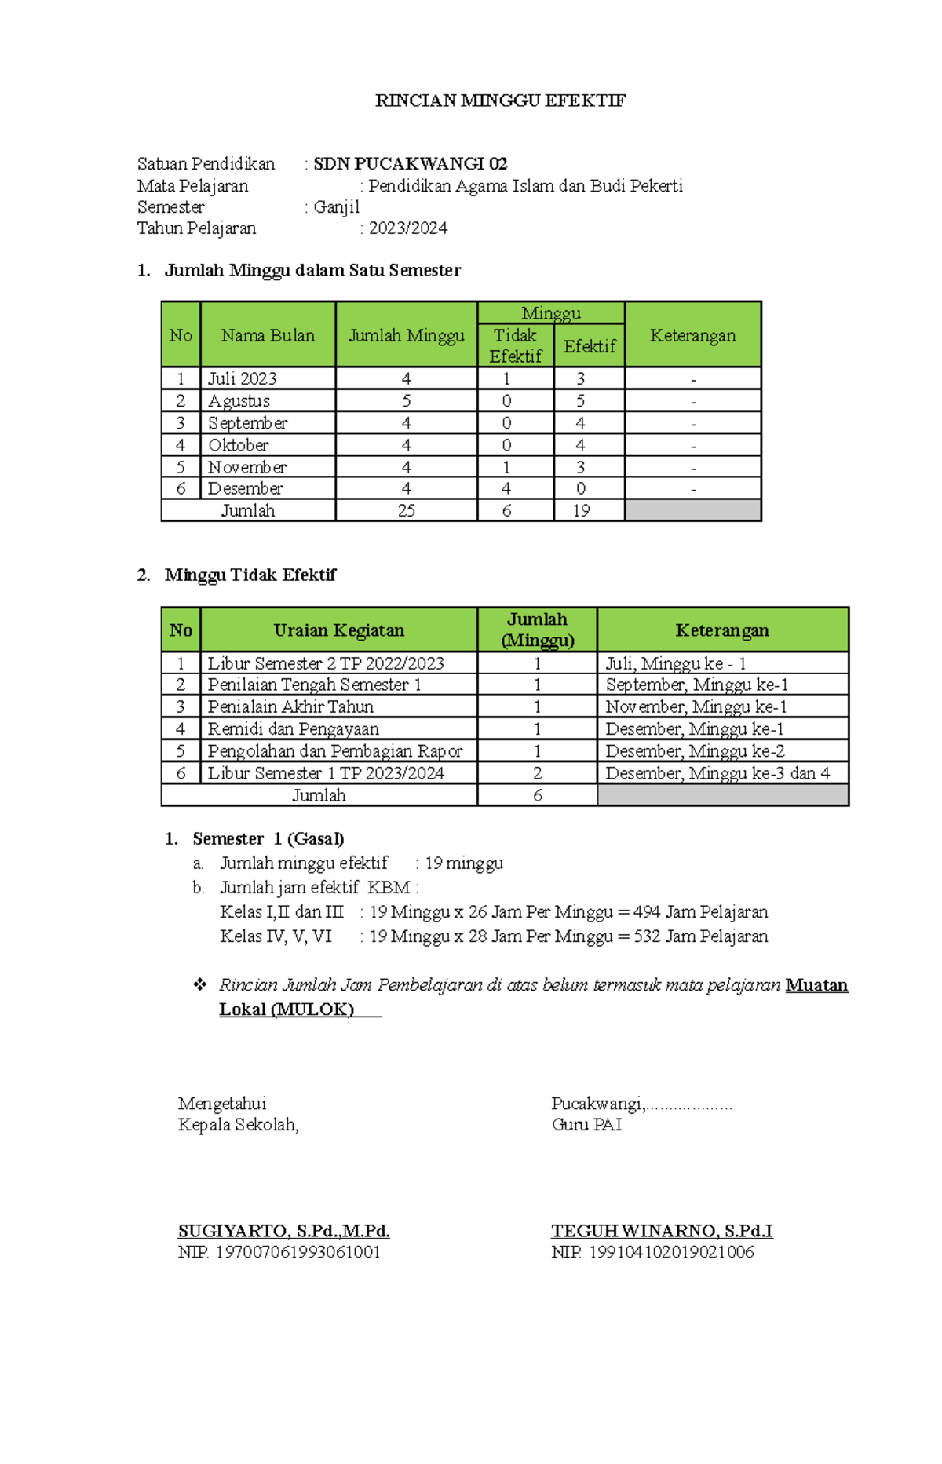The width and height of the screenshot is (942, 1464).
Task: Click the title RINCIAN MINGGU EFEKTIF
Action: [x=500, y=100]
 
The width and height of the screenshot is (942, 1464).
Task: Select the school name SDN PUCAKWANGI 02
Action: [x=410, y=164]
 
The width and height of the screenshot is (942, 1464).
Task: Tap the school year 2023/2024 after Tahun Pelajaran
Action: [x=408, y=228]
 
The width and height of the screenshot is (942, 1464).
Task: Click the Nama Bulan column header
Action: [x=268, y=336]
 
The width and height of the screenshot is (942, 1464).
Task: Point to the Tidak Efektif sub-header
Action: [x=515, y=346]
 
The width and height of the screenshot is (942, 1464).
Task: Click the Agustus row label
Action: [x=239, y=401]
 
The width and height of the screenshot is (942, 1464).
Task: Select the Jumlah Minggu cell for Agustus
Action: [x=406, y=401]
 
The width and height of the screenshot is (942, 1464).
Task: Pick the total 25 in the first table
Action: [x=406, y=511]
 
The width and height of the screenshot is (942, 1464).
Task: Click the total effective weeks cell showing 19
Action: [x=581, y=511]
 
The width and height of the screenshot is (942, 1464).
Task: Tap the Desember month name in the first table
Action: [x=245, y=488]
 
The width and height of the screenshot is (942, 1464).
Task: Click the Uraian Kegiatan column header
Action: [x=338, y=630]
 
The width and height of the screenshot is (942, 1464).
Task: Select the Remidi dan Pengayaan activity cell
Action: [x=293, y=729]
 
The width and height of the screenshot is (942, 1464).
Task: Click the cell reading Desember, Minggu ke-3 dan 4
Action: [x=717, y=773]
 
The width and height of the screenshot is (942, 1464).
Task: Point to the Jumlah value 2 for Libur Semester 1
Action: [x=537, y=773]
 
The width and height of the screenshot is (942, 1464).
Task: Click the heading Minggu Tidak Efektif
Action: [x=250, y=575]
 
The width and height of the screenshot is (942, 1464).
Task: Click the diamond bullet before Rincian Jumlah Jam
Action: [x=199, y=985]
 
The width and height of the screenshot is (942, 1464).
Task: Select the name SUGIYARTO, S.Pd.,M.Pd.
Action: [x=283, y=1231]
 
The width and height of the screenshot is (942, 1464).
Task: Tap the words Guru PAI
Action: [x=586, y=1125]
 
